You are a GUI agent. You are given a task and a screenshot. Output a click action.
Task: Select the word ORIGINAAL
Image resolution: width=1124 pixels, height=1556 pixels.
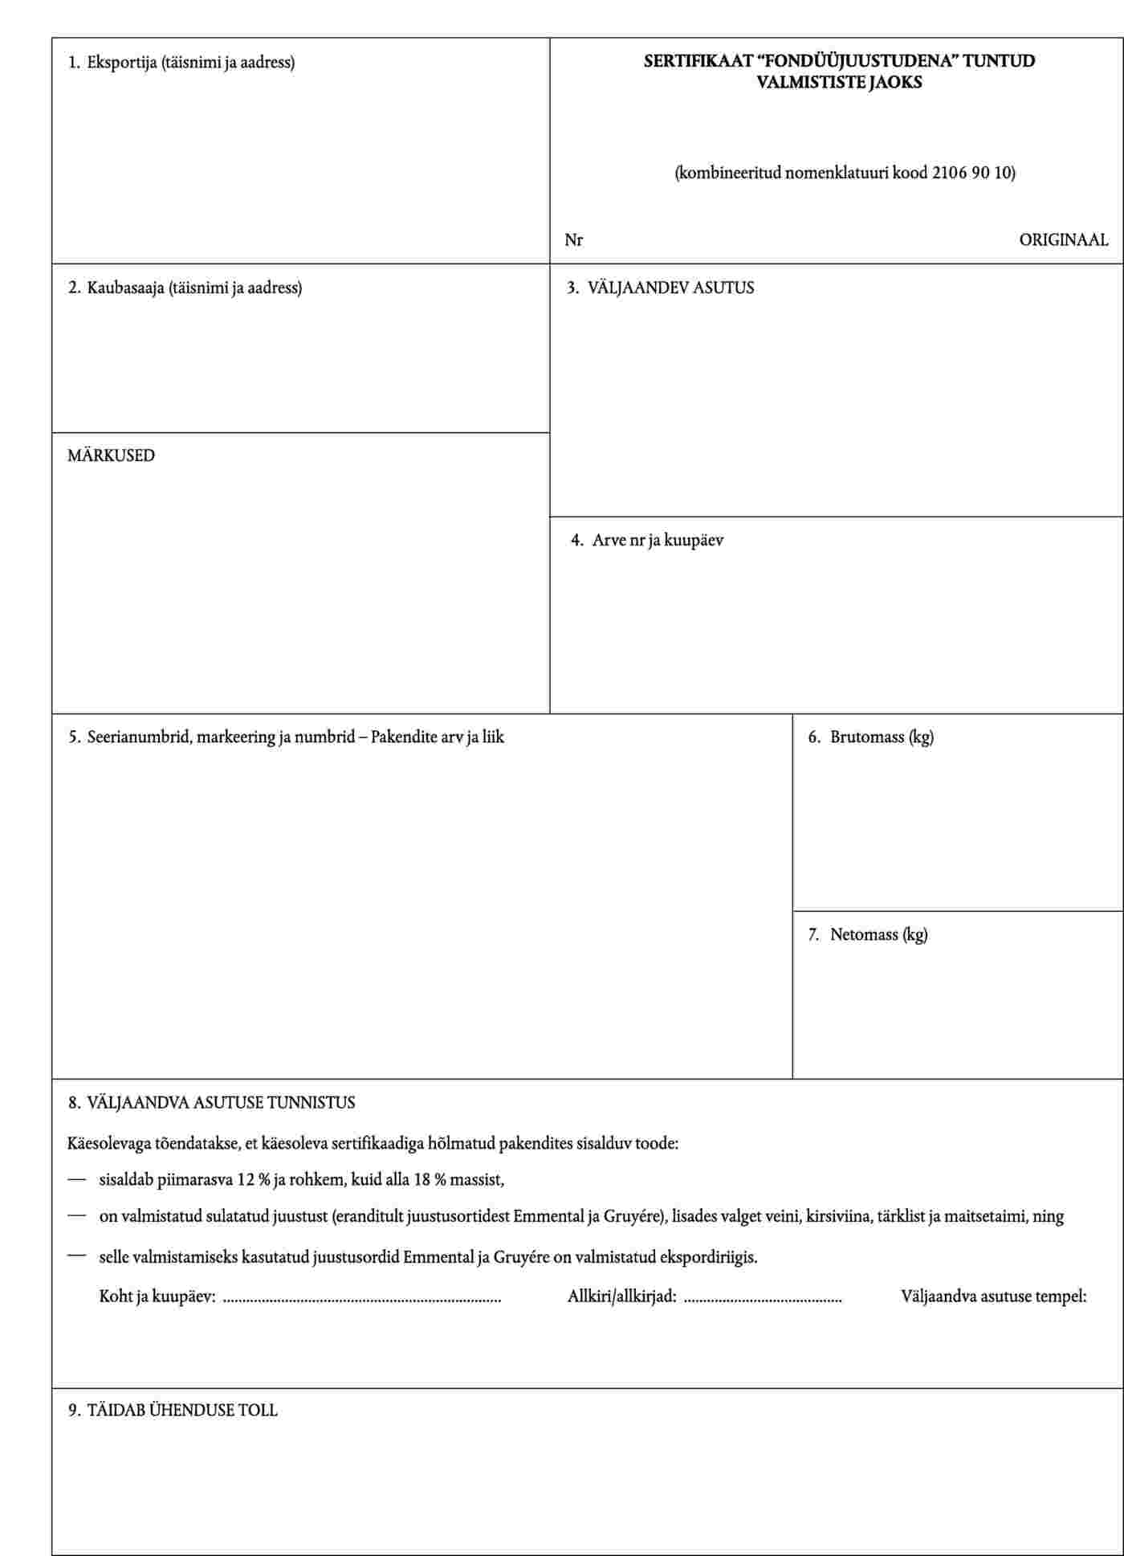[x=1063, y=240]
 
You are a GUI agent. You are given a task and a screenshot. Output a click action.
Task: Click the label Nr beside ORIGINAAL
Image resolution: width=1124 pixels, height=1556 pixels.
[x=573, y=240]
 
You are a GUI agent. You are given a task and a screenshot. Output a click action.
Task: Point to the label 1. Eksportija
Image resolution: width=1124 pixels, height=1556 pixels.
[x=181, y=62]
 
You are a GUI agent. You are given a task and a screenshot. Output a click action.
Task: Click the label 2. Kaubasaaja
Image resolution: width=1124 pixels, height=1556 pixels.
[x=185, y=288]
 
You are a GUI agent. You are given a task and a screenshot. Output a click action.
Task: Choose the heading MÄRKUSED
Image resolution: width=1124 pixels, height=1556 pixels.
[x=111, y=455]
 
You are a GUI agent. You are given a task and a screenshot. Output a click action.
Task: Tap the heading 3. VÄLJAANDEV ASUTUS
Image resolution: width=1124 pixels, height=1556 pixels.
[x=660, y=288]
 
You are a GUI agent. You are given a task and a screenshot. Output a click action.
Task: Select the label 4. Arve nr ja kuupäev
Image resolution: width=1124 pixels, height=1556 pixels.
[x=647, y=540]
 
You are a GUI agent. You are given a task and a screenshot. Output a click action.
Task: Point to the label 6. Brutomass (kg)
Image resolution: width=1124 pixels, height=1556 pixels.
[x=870, y=737]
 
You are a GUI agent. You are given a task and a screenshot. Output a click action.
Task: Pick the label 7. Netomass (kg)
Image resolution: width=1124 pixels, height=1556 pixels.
[x=867, y=934]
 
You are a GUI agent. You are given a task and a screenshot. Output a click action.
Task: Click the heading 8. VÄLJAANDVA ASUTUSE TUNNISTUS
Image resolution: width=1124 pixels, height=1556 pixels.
[x=211, y=1102]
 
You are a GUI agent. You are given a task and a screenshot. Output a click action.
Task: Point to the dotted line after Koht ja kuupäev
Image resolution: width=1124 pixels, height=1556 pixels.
[x=361, y=1298]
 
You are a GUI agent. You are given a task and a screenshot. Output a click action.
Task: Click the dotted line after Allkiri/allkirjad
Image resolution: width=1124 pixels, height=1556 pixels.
[x=763, y=1298]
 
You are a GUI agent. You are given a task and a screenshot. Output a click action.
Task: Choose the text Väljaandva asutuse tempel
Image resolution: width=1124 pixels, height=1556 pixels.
[x=993, y=1296]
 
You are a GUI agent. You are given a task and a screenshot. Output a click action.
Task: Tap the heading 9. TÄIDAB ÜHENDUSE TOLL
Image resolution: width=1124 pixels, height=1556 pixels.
[x=173, y=1411]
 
